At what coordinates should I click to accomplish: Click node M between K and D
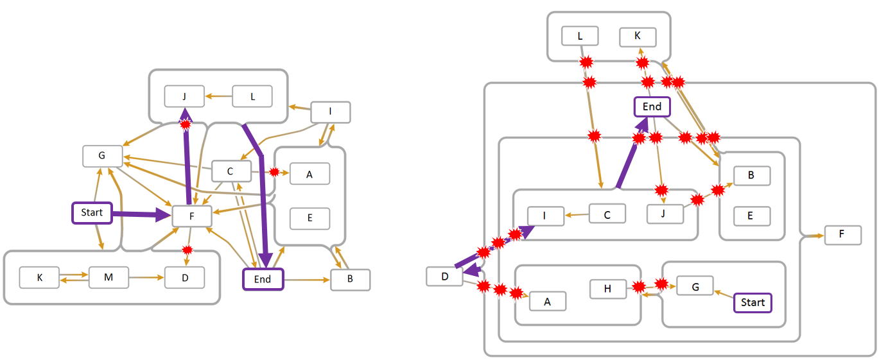pos(109,278)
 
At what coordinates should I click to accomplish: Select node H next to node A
pos(608,289)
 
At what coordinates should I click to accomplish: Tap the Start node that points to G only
pos(753,302)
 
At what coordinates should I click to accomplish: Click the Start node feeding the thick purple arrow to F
pos(92,213)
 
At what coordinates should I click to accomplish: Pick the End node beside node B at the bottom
pos(263,279)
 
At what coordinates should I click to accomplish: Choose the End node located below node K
pos(652,107)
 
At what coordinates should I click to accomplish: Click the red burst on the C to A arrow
pos(275,173)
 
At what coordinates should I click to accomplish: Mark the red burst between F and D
pos(187,250)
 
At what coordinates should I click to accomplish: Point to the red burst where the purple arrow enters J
pos(186,123)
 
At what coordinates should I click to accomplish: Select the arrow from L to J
pos(218,97)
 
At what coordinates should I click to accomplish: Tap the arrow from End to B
pos(306,280)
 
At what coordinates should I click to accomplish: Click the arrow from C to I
pos(577,215)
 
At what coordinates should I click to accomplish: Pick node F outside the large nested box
pos(842,236)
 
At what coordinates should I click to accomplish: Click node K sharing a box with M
pos(39,278)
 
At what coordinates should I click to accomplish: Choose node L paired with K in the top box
pos(580,36)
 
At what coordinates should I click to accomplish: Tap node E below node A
pos(309,218)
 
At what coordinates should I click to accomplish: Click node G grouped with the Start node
pos(694,286)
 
